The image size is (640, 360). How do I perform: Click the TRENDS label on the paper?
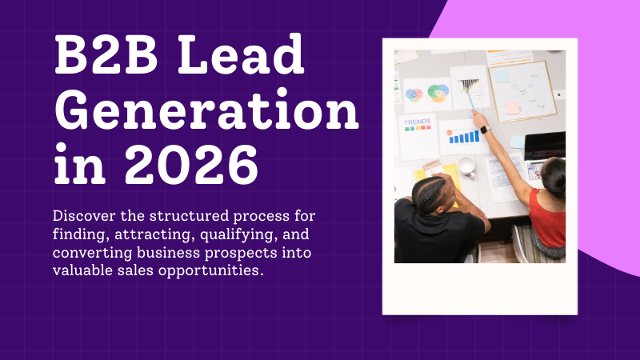pyautogui.click(x=417, y=122)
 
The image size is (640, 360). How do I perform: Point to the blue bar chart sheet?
pyautogui.click(x=464, y=137)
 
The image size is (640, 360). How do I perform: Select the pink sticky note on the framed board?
pyautogui.click(x=513, y=107)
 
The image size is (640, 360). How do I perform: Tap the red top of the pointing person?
pyautogui.click(x=548, y=217)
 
